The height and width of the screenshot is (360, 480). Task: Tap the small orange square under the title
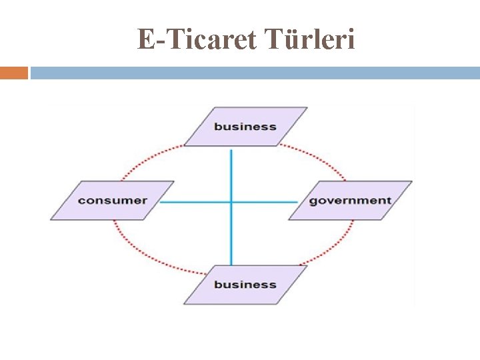pyautogui.click(x=13, y=73)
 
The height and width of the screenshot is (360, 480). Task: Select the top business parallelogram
pyautogui.click(x=245, y=126)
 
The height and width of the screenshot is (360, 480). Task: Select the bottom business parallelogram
pyautogui.click(x=245, y=285)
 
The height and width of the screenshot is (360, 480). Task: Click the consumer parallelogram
pyautogui.click(x=112, y=200)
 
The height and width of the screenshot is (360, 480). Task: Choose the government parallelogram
pyautogui.click(x=350, y=200)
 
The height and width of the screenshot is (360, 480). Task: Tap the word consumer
pyautogui.click(x=112, y=200)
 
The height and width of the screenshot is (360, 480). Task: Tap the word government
pyautogui.click(x=350, y=200)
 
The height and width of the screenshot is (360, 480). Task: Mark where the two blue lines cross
pyautogui.click(x=231, y=201)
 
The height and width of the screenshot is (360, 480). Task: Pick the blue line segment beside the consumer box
pyautogui.click(x=193, y=201)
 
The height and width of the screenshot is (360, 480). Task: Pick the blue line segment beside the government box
pyautogui.click(x=267, y=201)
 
